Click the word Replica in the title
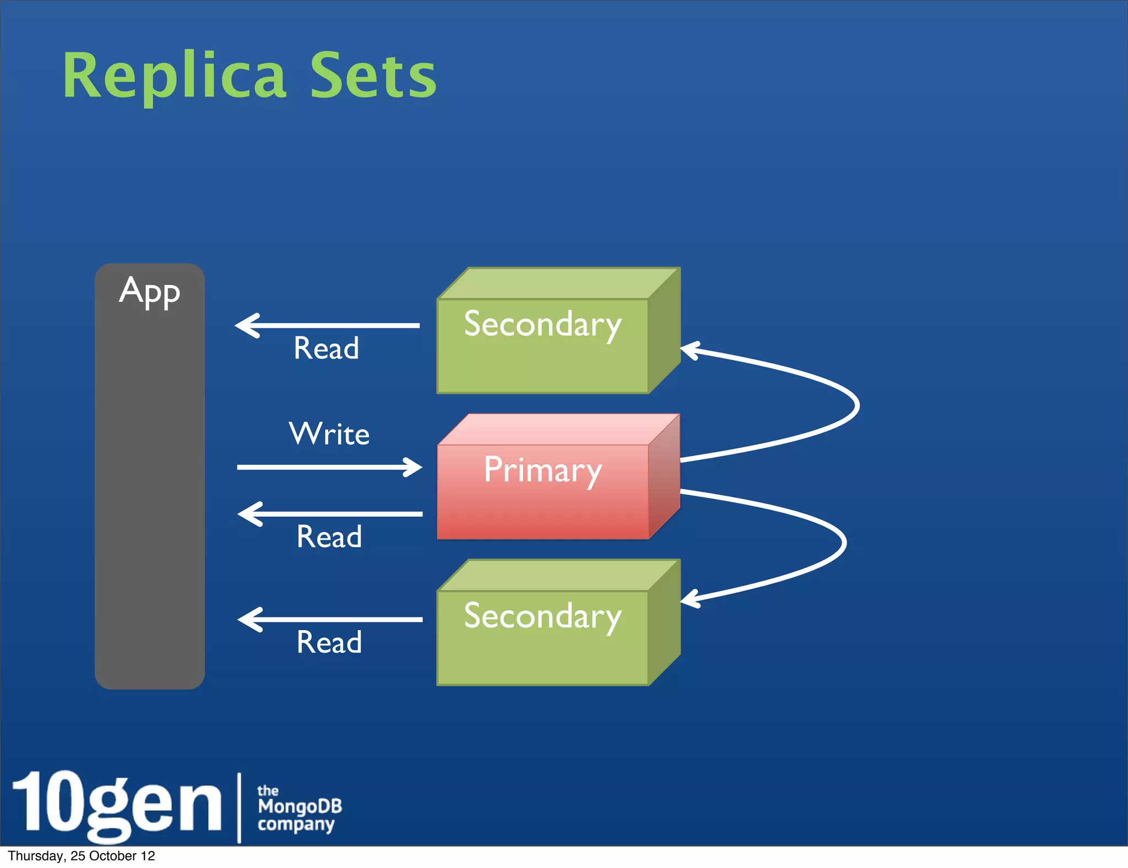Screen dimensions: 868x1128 [174, 76]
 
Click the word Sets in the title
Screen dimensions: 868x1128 [373, 76]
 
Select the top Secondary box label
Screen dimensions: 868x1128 [543, 324]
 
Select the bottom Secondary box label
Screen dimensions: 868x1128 [543, 616]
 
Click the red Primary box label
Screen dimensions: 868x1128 [543, 470]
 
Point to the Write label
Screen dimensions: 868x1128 [329, 434]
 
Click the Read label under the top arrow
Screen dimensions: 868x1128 [326, 349]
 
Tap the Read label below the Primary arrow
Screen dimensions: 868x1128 [329, 537]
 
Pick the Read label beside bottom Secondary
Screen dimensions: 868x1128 [329, 643]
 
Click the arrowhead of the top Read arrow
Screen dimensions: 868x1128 [246, 325]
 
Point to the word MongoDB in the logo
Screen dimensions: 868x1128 [300, 807]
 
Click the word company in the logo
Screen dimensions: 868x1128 [296, 824]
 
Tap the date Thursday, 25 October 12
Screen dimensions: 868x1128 [82, 856]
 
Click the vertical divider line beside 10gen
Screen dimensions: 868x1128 [239, 807]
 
